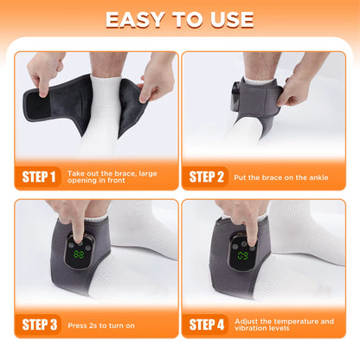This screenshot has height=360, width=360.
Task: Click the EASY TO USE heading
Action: [180, 20]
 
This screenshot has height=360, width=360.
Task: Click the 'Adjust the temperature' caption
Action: [290, 325]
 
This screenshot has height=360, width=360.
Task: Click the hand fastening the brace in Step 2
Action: [299, 87]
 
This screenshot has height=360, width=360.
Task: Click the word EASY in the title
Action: [134, 20]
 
